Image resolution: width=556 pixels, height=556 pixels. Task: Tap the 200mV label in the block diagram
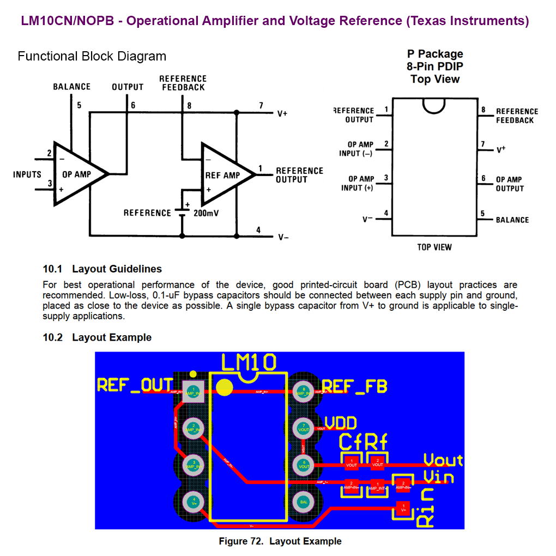tap(206, 213)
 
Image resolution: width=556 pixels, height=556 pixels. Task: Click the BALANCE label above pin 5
tap(71, 87)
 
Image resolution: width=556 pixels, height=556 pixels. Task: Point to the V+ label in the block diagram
tap(282, 114)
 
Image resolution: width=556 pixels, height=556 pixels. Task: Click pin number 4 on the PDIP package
tap(386, 213)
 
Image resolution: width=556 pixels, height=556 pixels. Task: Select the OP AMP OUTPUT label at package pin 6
tap(509, 184)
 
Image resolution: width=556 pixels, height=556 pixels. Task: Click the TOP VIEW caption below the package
tap(434, 247)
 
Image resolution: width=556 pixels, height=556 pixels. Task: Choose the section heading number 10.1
tap(53, 269)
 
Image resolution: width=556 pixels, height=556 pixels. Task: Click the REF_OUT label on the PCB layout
tap(135, 385)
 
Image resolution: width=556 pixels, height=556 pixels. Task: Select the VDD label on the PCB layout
tap(341, 423)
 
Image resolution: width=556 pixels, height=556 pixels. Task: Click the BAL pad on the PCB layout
tap(304, 501)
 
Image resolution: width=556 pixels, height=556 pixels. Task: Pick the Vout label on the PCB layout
tap(443, 460)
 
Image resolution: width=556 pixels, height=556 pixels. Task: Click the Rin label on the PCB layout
tap(425, 508)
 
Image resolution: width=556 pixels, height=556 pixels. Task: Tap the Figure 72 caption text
tap(280, 541)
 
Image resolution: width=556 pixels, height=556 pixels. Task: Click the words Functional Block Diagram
tap(92, 56)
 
